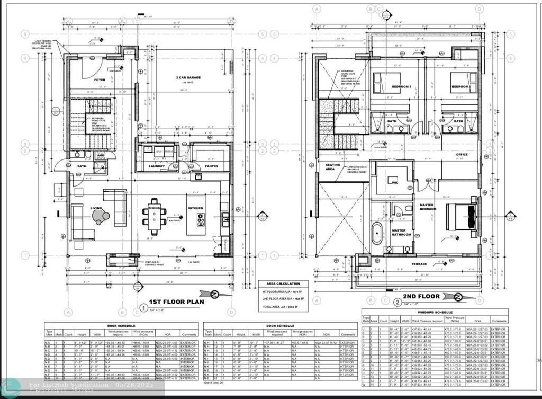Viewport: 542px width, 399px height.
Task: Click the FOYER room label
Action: [100, 80]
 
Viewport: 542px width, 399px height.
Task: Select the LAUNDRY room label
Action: [156, 166]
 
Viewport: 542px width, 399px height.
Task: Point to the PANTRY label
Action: [211, 166]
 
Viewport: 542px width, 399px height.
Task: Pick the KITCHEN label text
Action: [196, 208]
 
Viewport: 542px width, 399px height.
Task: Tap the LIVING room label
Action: [96, 208]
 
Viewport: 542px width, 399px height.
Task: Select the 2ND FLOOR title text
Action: [420, 297]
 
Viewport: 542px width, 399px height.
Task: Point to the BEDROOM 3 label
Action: [401, 86]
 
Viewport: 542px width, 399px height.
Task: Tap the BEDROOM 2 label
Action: [460, 86]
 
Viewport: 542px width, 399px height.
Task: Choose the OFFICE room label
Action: [462, 155]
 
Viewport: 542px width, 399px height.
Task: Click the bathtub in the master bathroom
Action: [377, 233]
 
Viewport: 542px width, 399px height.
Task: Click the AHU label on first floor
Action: [100, 155]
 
